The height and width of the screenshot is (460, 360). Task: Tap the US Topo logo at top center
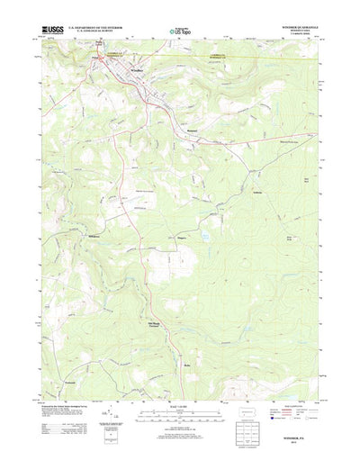tap(181, 33)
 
